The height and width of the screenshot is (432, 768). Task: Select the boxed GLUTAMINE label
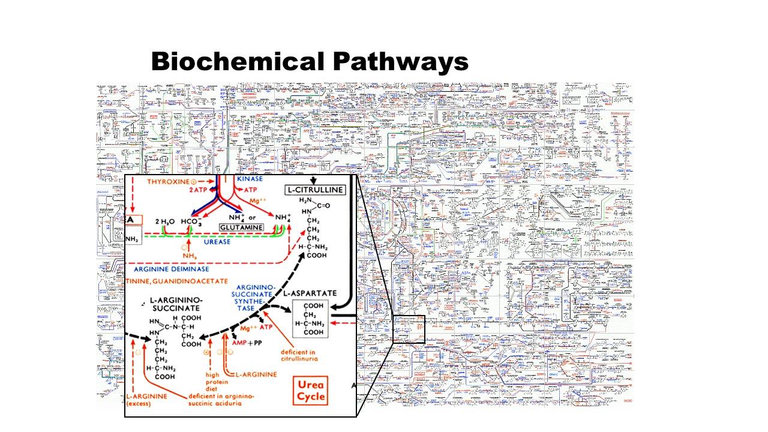point(241,228)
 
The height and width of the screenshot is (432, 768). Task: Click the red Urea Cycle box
point(311,390)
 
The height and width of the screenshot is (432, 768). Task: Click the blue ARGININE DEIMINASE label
point(172,269)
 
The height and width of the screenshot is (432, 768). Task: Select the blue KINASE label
point(250,179)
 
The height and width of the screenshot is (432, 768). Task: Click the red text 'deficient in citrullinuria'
point(299,355)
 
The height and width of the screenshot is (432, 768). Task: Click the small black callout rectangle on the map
point(408,329)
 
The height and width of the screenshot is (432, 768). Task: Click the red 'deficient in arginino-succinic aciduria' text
point(221,400)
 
